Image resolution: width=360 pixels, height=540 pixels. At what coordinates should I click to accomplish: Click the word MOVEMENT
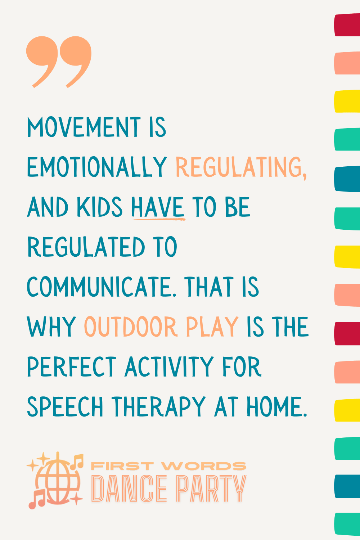point(84,127)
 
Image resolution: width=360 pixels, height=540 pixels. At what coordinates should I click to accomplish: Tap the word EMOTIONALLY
point(97,167)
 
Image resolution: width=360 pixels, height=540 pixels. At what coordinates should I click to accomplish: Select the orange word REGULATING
point(241,168)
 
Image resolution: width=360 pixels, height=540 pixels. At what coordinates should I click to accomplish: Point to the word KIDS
point(99,207)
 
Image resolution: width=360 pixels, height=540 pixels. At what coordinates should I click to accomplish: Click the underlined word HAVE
point(158,207)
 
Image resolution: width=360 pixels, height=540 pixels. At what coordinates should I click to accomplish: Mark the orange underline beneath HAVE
point(158,218)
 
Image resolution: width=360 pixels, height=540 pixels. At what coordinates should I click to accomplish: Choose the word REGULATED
point(86,247)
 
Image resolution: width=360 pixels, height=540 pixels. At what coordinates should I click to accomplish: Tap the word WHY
point(51,327)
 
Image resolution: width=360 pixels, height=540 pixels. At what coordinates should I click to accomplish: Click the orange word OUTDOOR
point(130,327)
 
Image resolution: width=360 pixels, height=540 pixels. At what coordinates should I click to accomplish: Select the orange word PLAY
point(212,327)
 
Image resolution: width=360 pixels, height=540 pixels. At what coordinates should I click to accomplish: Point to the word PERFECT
point(72,367)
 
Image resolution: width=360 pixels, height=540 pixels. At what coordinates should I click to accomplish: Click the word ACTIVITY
point(169,367)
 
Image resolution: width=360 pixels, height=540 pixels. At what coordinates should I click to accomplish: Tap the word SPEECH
point(65,407)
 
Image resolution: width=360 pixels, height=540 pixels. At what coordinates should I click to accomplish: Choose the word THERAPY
point(158,407)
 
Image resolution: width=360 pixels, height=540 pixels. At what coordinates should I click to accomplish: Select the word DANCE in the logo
point(129,489)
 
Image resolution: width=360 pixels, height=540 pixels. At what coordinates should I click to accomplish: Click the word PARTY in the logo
point(211,489)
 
